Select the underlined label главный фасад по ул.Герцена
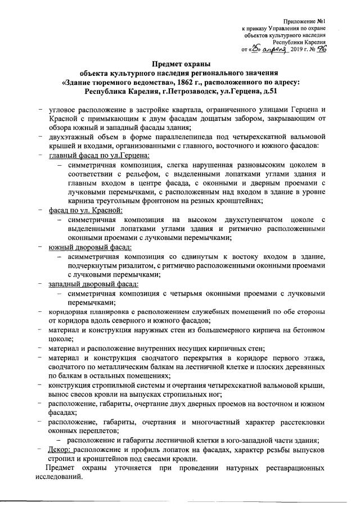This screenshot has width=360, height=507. [99, 155]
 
